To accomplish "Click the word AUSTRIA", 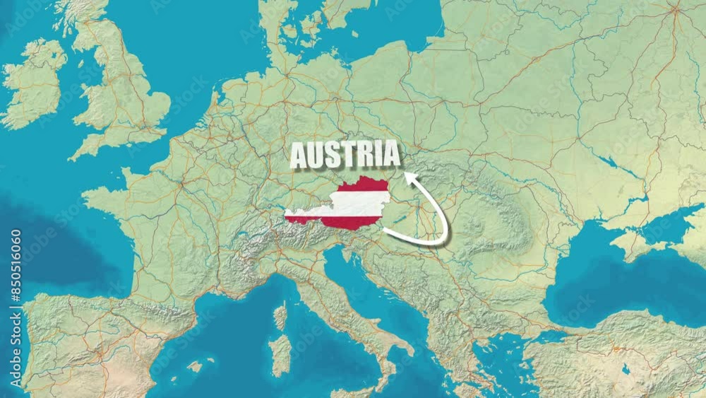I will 345,154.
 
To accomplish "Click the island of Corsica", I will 280,317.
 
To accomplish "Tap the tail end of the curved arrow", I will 385,230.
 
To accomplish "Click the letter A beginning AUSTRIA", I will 299,156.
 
